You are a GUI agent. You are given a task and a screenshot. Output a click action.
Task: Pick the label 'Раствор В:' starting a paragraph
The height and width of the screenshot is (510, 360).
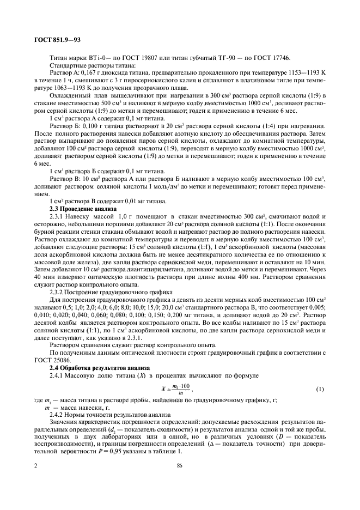(64, 179)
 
